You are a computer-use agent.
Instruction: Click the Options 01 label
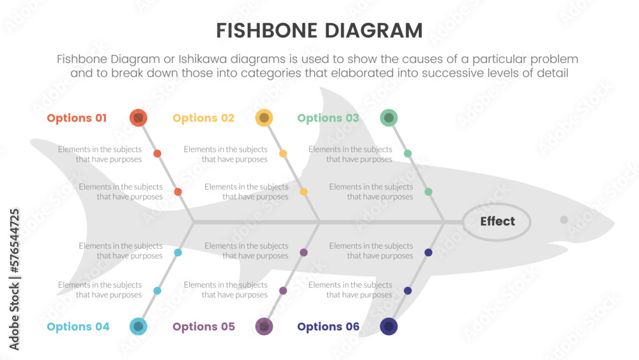pyautogui.click(x=77, y=118)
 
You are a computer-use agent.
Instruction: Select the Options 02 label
pyautogui.click(x=203, y=118)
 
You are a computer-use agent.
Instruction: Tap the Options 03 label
pyautogui.click(x=328, y=118)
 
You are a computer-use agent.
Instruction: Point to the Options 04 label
pyautogui.click(x=78, y=327)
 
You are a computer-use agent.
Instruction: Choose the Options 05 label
pyautogui.click(x=203, y=327)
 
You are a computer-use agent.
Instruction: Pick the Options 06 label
pyautogui.click(x=328, y=327)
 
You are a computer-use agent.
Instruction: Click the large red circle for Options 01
pyautogui.click(x=139, y=118)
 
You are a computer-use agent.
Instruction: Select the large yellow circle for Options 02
pyautogui.click(x=264, y=118)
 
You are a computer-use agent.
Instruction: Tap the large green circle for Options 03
pyautogui.click(x=389, y=118)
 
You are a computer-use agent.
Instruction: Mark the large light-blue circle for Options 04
pyautogui.click(x=139, y=326)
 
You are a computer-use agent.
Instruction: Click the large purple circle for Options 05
pyautogui.click(x=264, y=326)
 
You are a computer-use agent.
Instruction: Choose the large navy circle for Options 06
pyautogui.click(x=389, y=326)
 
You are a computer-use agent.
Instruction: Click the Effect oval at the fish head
pyautogui.click(x=497, y=222)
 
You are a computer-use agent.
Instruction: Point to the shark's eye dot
pyautogui.click(x=564, y=220)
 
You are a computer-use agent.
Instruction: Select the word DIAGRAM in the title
pyautogui.click(x=376, y=31)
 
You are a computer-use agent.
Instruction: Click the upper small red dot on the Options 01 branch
pyautogui.click(x=157, y=153)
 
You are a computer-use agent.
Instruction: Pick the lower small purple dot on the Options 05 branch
pyautogui.click(x=283, y=291)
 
